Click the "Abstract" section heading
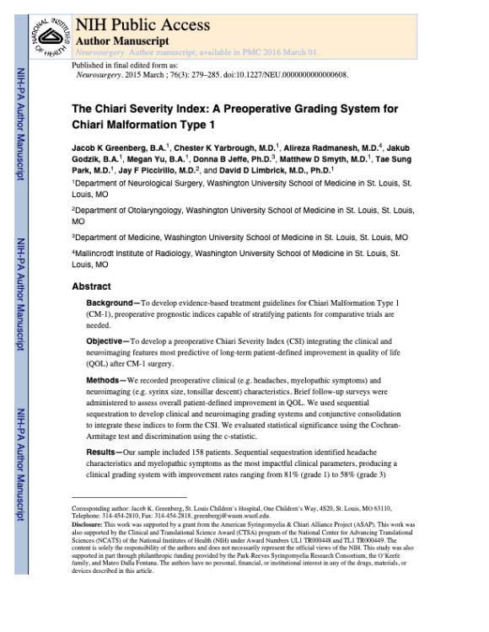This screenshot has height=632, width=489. coord(91,287)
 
